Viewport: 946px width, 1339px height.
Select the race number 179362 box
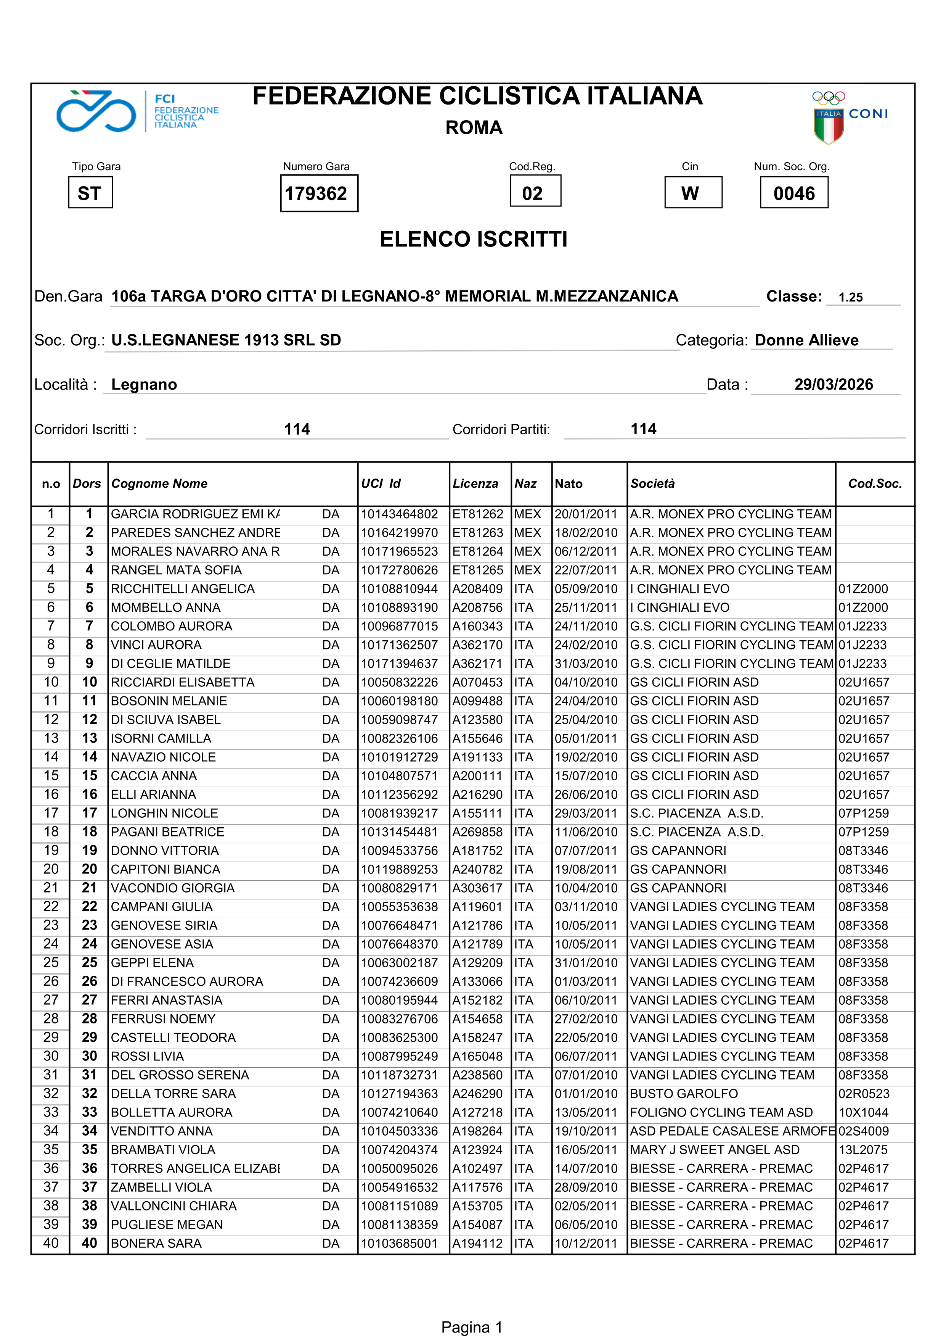(319, 193)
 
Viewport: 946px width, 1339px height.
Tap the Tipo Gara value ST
(90, 193)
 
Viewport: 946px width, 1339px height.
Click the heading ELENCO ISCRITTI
(473, 239)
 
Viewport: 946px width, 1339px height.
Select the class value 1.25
(850, 297)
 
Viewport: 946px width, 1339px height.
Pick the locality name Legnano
(144, 385)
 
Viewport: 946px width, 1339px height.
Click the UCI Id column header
(381, 483)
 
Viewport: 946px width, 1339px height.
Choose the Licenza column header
(475, 483)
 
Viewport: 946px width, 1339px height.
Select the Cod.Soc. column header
(874, 483)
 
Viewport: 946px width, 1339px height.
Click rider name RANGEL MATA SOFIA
(176, 570)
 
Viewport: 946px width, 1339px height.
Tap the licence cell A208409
(477, 589)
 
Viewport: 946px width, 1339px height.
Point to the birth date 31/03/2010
(586, 664)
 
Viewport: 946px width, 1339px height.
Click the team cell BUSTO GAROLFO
(684, 1094)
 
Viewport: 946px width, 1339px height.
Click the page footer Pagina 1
(472, 1327)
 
